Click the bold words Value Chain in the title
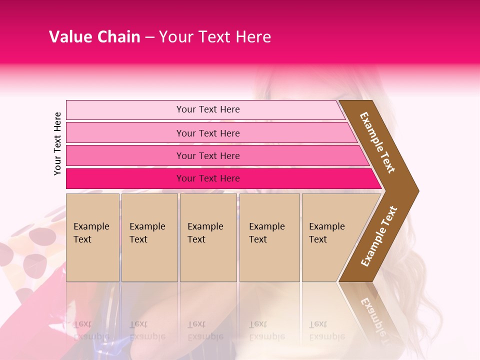pyautogui.click(x=94, y=37)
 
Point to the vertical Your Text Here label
pyautogui.click(x=58, y=143)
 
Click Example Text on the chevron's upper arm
pyautogui.click(x=377, y=142)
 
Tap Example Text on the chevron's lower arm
pyautogui.click(x=379, y=236)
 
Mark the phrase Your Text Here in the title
pyautogui.click(x=215, y=37)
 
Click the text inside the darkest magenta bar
pyautogui.click(x=208, y=178)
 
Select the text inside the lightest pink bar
pyautogui.click(x=208, y=109)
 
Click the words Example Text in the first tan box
pyautogui.click(x=91, y=232)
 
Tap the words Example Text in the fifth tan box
pyautogui.click(x=326, y=232)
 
